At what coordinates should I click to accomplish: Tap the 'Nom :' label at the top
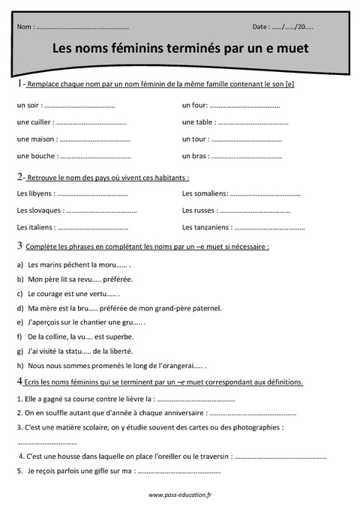(x=25, y=27)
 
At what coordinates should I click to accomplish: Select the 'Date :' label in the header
(x=262, y=27)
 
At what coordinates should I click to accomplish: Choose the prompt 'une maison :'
(x=36, y=139)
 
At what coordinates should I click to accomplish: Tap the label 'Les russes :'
(x=200, y=211)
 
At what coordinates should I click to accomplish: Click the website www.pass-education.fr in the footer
(x=180, y=495)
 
